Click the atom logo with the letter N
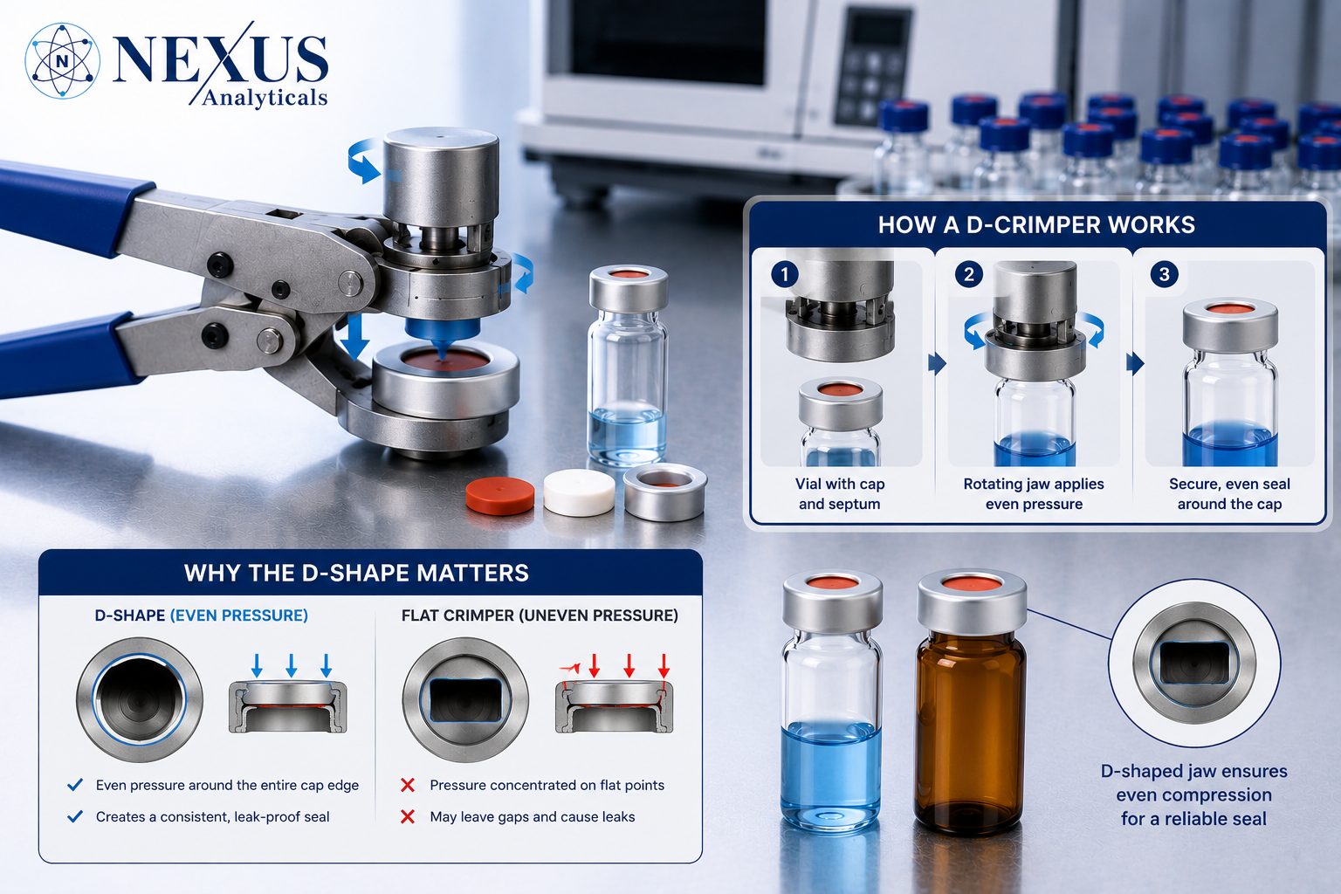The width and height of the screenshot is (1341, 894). tap(62, 60)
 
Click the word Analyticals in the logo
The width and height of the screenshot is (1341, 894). tap(265, 98)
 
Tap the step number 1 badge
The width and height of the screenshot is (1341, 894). tap(784, 275)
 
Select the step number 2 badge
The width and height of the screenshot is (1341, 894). tap(968, 275)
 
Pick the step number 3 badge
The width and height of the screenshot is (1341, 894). tap(1164, 275)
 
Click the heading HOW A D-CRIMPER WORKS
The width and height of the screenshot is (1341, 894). tap(1036, 225)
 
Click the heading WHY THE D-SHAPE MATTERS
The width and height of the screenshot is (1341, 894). tap(356, 573)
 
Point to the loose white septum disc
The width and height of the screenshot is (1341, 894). tap(579, 492)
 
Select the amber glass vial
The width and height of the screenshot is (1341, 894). tap(971, 703)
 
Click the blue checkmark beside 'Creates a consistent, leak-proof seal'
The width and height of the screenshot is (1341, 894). tap(75, 816)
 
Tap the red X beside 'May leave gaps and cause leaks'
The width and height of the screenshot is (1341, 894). tap(408, 816)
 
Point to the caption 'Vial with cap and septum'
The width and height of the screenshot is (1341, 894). tap(839, 494)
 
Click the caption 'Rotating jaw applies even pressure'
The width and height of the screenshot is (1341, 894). tap(1034, 494)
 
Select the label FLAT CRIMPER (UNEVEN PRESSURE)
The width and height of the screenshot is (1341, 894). tap(540, 615)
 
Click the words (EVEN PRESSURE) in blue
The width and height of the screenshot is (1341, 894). tap(239, 615)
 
